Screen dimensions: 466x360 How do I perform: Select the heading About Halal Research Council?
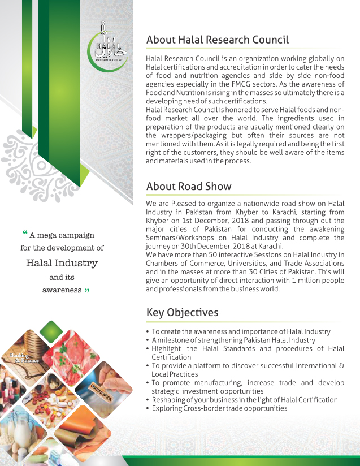pyautogui.click(x=217, y=40)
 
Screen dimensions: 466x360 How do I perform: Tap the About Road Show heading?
pyautogui.click(x=189, y=187)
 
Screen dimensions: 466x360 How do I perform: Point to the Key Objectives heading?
pyautogui.click(x=182, y=313)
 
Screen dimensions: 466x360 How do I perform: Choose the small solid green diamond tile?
pyautogui.click(x=51, y=331)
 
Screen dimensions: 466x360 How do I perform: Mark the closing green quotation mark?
pyautogui.click(x=86, y=291)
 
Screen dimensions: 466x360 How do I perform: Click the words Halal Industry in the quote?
pyautogui.click(x=62, y=263)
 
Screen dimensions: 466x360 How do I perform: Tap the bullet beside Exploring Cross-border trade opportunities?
pyautogui.click(x=148, y=408)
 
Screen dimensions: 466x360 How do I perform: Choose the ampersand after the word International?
pyautogui.click(x=341, y=366)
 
